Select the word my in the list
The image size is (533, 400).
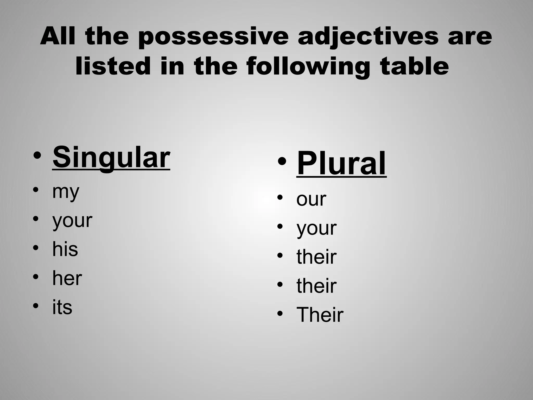[66, 192]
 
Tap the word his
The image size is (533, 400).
[65, 249]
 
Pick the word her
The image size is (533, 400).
[67, 278]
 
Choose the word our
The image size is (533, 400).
[311, 199]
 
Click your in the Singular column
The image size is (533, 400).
[72, 221]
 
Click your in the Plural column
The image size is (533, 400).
[316, 228]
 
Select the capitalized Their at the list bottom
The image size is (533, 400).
[320, 315]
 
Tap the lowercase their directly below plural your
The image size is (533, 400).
[316, 257]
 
